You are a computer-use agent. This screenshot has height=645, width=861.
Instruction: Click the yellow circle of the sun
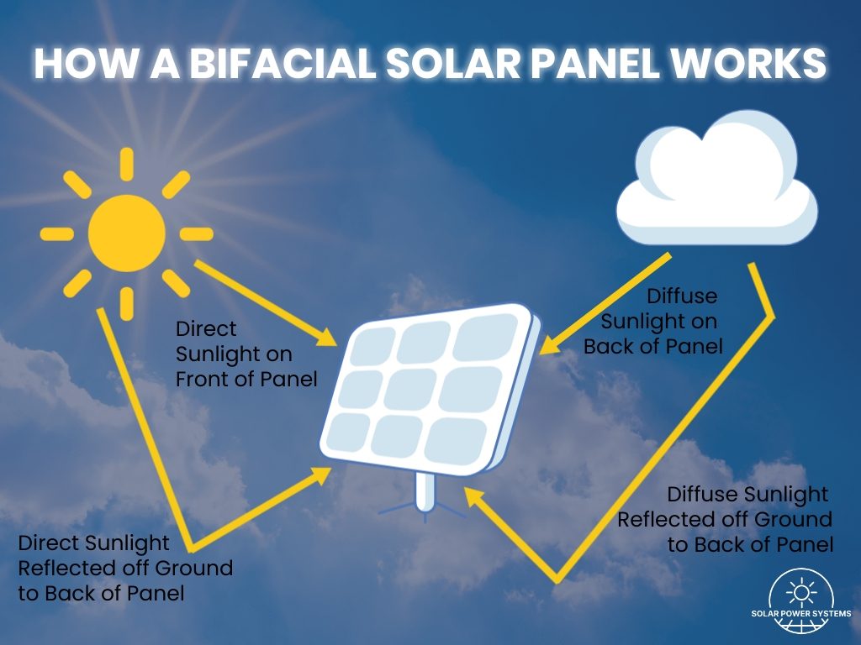point(127,233)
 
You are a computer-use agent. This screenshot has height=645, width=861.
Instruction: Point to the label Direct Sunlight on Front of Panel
point(246,354)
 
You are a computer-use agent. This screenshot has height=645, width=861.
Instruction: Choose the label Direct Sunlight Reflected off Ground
point(124,568)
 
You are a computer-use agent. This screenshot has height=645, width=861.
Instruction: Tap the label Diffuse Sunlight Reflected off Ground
point(725,519)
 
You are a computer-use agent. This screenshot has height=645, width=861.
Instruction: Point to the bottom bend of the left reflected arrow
point(195,547)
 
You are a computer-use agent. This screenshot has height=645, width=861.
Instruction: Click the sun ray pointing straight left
point(56,233)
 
